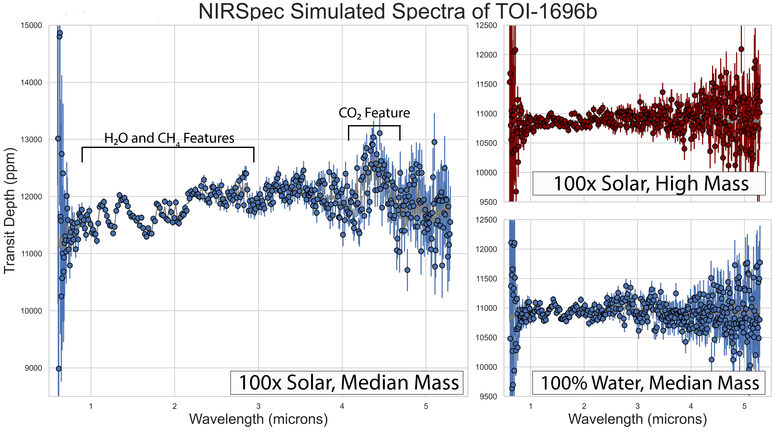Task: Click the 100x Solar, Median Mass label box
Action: point(347,382)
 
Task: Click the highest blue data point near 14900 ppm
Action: point(60,33)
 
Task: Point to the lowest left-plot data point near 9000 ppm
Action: point(59,369)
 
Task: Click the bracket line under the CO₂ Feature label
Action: point(374,126)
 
